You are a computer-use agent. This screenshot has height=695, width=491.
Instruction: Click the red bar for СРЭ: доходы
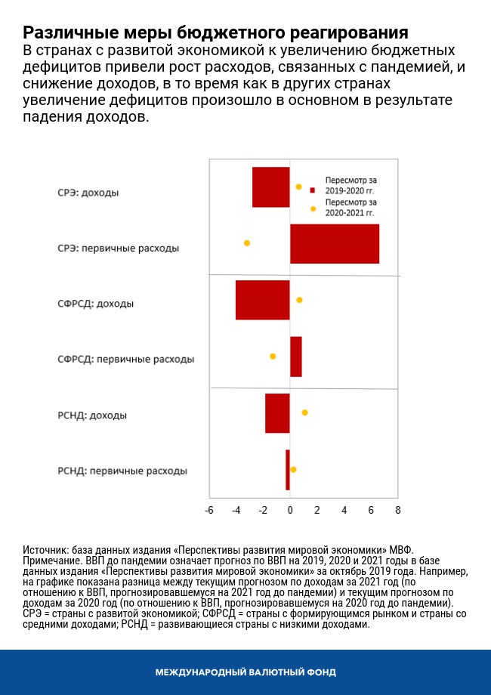tap(270, 187)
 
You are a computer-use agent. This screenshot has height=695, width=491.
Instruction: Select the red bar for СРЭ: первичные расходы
tap(335, 244)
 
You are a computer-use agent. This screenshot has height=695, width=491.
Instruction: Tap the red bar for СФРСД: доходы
tap(262, 300)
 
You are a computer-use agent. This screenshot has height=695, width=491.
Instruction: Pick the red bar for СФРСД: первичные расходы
tap(296, 357)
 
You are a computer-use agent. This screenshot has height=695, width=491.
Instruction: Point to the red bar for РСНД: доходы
tap(277, 413)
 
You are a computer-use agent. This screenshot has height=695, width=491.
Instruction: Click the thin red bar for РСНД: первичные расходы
tap(288, 470)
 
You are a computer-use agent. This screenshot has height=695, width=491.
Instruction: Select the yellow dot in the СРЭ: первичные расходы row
tap(247, 243)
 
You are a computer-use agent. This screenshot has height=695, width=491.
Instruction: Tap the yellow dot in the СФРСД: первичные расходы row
tap(273, 356)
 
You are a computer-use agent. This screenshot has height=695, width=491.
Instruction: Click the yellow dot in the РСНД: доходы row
tap(304, 412)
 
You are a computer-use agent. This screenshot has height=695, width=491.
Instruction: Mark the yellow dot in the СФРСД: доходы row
tap(299, 300)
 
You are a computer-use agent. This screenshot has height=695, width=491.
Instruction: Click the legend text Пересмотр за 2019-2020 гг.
tap(350, 186)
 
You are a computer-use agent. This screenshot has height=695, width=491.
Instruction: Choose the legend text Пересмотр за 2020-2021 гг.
tap(350, 208)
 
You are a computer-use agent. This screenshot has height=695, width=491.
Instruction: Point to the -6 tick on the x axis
tap(209, 510)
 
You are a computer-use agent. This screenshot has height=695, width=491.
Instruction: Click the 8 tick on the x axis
tap(397, 510)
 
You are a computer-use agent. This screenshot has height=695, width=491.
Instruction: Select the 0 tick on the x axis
tap(290, 510)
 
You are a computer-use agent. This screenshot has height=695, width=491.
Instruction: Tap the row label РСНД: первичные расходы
tap(122, 471)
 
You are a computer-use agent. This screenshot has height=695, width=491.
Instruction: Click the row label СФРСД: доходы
tap(96, 304)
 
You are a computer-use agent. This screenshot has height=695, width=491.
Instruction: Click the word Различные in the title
tap(60, 33)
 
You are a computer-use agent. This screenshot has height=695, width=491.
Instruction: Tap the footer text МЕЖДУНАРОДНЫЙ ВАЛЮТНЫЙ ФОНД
tap(246, 672)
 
